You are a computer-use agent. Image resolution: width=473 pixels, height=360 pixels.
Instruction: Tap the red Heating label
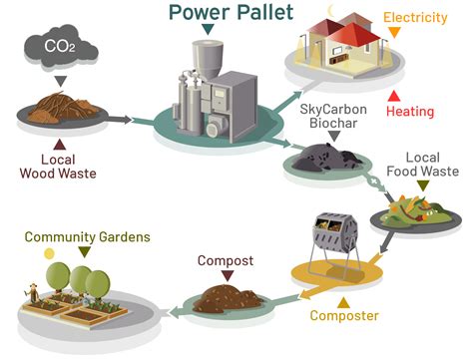pos(410,112)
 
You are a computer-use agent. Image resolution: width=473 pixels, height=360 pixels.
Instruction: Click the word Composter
pos(344,316)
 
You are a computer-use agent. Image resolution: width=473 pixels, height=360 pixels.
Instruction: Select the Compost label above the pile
pos(226,261)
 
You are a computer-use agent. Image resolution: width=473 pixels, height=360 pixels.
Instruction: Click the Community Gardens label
pos(87,236)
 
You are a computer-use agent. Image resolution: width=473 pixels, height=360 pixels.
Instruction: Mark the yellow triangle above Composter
pos(344,300)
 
